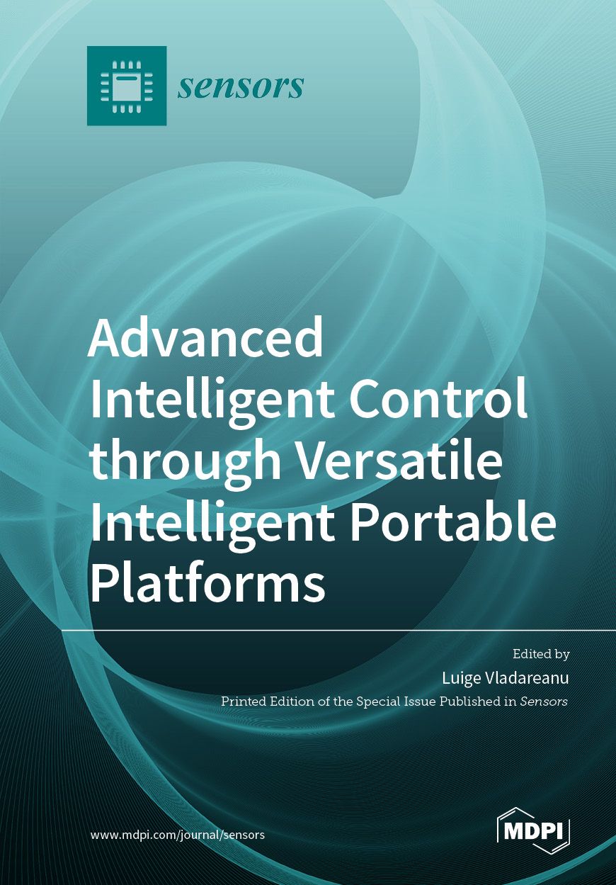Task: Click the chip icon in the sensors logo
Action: pyautogui.click(x=127, y=86)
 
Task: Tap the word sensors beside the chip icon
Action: pyautogui.click(x=241, y=86)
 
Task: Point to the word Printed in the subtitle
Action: pyautogui.click(x=243, y=701)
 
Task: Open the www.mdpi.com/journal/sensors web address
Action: pyautogui.click(x=178, y=835)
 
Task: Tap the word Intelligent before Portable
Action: pyautogui.click(x=211, y=523)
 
